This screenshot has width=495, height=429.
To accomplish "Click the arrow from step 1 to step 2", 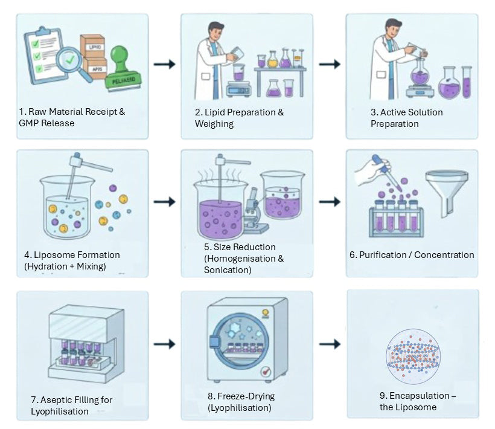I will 164,64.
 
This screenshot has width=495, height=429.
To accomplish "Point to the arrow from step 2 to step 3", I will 329,64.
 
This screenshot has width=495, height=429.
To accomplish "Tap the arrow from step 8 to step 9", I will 329,344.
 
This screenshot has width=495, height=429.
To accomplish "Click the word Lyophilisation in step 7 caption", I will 59,411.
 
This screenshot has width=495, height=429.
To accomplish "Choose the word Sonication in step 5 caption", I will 228,269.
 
